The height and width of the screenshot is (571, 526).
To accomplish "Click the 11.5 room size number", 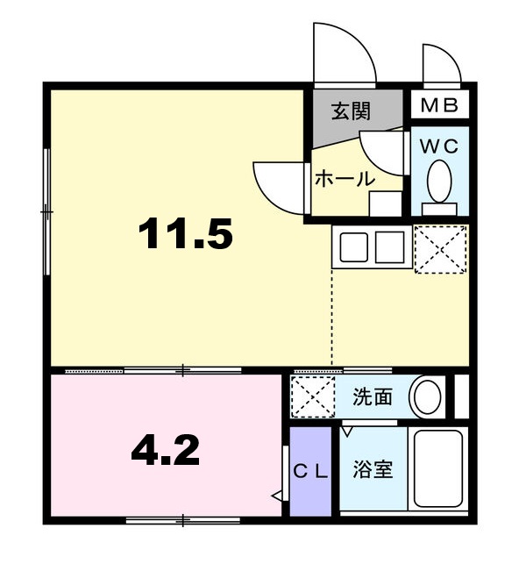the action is [x=185, y=233].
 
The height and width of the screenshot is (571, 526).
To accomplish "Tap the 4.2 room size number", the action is [x=165, y=451].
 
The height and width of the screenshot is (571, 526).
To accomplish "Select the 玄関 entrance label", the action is [x=351, y=111].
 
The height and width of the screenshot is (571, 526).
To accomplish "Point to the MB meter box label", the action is [x=439, y=105].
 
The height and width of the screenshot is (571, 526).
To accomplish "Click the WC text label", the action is [x=439, y=146].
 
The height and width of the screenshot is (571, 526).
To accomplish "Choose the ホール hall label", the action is [x=345, y=179].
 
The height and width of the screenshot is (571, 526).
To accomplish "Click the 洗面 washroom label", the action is [x=373, y=397].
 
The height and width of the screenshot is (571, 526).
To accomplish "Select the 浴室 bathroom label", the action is [x=373, y=469].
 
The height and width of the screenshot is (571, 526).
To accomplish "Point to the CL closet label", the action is [x=311, y=472].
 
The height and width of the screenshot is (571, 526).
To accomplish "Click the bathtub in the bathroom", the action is [x=438, y=469].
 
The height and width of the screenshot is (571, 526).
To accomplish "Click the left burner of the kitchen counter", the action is [x=353, y=247].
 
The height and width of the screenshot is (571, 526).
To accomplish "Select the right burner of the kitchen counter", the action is [x=389, y=247].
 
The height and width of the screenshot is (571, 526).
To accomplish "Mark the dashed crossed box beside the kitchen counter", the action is [x=440, y=249].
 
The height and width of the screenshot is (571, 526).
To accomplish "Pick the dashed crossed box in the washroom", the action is [x=313, y=397].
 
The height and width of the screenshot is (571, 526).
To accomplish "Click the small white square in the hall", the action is [x=385, y=203].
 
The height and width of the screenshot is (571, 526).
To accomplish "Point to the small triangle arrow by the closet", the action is [x=276, y=496].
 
